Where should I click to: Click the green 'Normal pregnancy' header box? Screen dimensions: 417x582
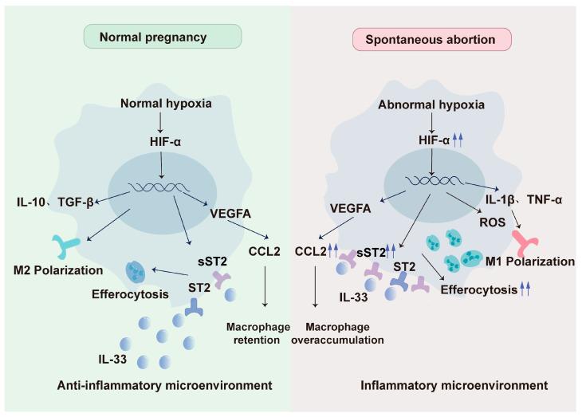pos(162,37)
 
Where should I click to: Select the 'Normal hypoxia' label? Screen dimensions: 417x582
pos(162,103)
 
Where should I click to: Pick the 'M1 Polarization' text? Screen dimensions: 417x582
pos(531,261)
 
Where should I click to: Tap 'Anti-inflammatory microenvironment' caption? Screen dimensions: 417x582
pos(165,385)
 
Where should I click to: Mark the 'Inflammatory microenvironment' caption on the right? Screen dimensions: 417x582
pos(454,385)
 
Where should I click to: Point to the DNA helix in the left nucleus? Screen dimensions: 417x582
pos(164,189)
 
